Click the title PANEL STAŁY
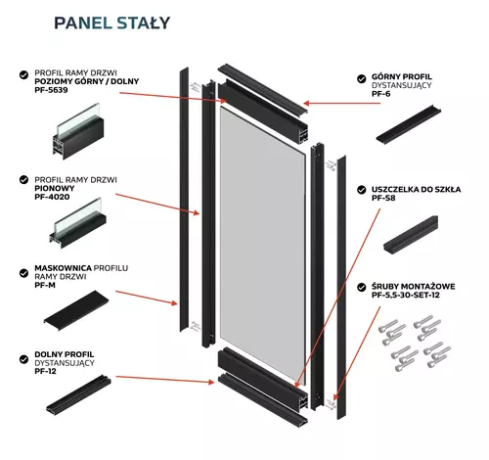click(x=111, y=21)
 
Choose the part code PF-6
click(x=383, y=94)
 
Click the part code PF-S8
click(x=385, y=198)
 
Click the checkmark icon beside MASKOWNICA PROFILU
click(x=22, y=267)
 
